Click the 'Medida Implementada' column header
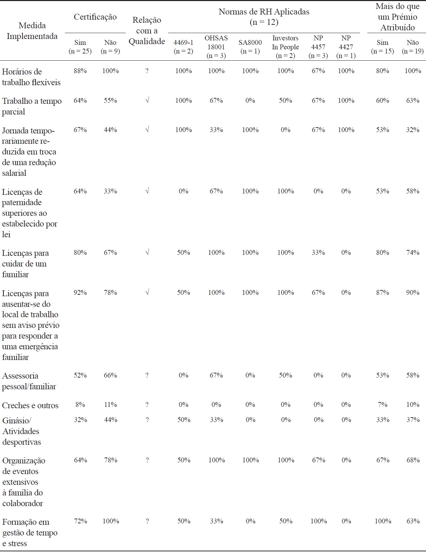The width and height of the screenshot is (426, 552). click(32, 31)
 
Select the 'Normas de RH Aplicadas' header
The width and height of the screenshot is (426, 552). click(264, 17)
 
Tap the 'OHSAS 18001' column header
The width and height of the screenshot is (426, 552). click(216, 47)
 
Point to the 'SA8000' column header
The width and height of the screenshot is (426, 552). click(250, 47)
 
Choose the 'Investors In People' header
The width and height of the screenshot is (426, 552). click(285, 47)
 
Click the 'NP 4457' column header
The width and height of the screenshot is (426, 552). click(318, 47)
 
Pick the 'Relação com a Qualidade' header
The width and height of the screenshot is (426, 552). click(147, 31)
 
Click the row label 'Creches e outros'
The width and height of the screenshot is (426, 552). click(30, 405)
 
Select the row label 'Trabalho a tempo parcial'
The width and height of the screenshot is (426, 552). click(32, 106)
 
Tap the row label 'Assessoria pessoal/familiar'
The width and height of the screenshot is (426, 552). click(29, 381)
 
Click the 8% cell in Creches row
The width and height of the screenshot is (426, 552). click(80, 405)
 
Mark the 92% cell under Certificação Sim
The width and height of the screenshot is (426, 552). click(80, 293)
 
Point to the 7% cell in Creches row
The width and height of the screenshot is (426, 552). click(383, 405)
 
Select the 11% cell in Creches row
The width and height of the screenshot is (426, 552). click(110, 405)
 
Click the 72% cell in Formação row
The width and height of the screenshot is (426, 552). click(80, 521)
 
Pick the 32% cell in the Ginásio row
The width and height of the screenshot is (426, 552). click(80, 420)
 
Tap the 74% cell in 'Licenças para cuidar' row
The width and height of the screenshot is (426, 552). click(413, 253)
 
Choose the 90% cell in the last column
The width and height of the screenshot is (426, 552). click(413, 293)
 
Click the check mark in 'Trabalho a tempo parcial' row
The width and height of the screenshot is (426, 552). click(147, 101)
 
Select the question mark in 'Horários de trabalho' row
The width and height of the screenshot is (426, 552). click(147, 71)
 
